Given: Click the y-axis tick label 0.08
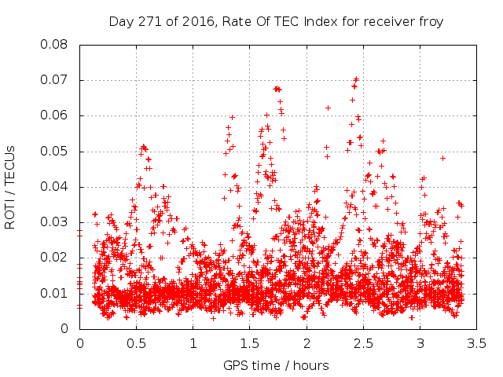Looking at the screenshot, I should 54,44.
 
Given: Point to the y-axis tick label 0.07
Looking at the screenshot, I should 54,80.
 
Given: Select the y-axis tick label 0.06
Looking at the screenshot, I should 54,115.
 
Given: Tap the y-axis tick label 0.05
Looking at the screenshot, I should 54,151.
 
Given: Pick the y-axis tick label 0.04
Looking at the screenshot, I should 54,187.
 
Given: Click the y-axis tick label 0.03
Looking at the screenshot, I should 54,222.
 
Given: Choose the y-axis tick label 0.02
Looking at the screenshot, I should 54,258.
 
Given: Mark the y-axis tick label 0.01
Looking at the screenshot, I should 54,294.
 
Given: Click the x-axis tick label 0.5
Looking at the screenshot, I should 136,344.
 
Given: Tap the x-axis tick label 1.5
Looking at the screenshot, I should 250,344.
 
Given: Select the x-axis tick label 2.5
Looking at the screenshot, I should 363,344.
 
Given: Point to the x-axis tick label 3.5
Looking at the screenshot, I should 476,344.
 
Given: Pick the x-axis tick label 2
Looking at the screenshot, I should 307,344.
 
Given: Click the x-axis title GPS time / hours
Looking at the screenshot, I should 276,365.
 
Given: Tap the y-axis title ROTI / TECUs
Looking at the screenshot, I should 11,187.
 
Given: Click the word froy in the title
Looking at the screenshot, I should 431,21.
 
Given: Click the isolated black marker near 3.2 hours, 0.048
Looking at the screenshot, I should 442,158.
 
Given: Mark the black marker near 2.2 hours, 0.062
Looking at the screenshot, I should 328,108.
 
